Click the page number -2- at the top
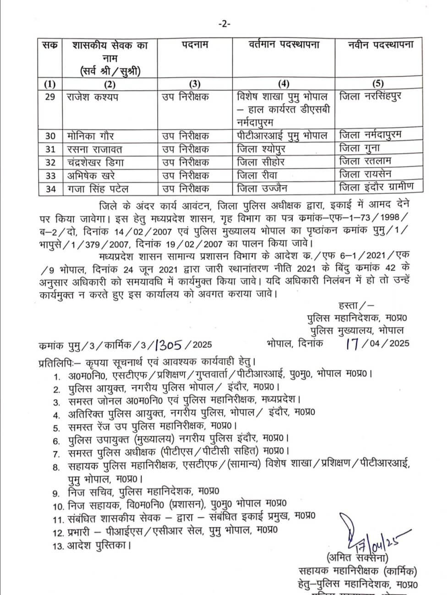click(x=224, y=24)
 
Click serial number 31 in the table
click(x=50, y=149)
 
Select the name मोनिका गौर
click(x=91, y=136)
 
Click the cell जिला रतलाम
click(x=366, y=161)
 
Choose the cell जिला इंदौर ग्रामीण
click(x=377, y=187)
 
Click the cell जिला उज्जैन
click(x=262, y=188)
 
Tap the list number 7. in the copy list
click(x=57, y=454)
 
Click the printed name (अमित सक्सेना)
click(x=358, y=558)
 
